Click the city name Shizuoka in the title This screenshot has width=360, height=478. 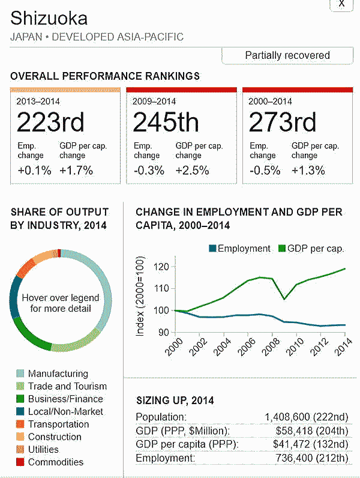click(49, 17)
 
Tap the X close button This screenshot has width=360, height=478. click(341, 4)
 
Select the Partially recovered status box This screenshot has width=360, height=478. click(287, 55)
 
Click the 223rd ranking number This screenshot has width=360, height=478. click(50, 123)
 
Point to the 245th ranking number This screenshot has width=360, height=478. click(166, 123)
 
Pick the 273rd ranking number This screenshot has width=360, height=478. click(282, 123)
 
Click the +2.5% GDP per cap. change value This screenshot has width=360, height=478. click(192, 171)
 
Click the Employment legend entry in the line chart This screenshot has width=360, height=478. click(239, 249)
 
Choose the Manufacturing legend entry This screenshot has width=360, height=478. click(58, 374)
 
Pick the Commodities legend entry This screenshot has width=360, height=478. click(55, 462)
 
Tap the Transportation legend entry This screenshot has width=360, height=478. click(58, 424)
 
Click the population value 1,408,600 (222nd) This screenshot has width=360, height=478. click(306, 417)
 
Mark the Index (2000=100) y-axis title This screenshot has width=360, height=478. click(140, 298)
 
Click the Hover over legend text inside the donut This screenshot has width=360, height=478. click(61, 303)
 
